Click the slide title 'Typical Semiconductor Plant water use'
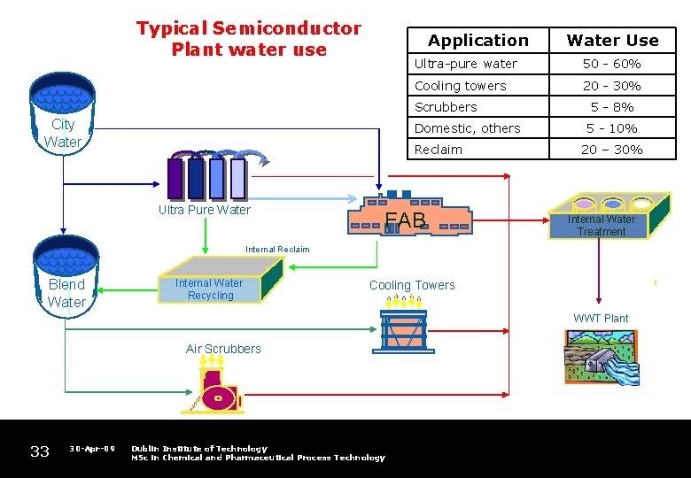[x=248, y=39]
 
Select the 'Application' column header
[x=477, y=40]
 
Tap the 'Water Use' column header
[x=612, y=40]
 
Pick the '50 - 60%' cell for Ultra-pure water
[x=611, y=64]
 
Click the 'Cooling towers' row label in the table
[x=460, y=86]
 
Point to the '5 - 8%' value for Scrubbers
[x=611, y=107]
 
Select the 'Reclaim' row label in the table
[x=438, y=150]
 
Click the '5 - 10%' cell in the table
[x=611, y=128]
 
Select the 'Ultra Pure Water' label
[x=204, y=210]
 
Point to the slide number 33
[x=40, y=452]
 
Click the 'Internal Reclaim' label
[x=277, y=250]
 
